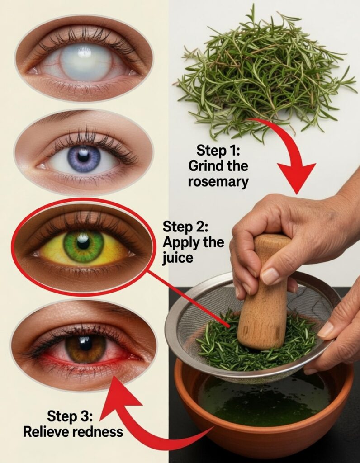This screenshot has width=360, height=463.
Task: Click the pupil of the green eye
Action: point(83,243)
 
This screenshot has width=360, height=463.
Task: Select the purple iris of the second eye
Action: point(84,158)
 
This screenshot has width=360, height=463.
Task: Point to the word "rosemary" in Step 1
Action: point(218,182)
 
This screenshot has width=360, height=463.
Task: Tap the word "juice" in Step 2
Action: point(178,258)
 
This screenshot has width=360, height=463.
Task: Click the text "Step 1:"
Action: point(218,150)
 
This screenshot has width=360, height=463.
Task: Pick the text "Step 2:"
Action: point(185,227)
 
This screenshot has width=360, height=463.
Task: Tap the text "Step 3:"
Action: point(70,416)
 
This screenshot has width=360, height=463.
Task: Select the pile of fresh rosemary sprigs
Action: point(266,71)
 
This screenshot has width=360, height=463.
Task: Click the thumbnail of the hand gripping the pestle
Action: point(270,276)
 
